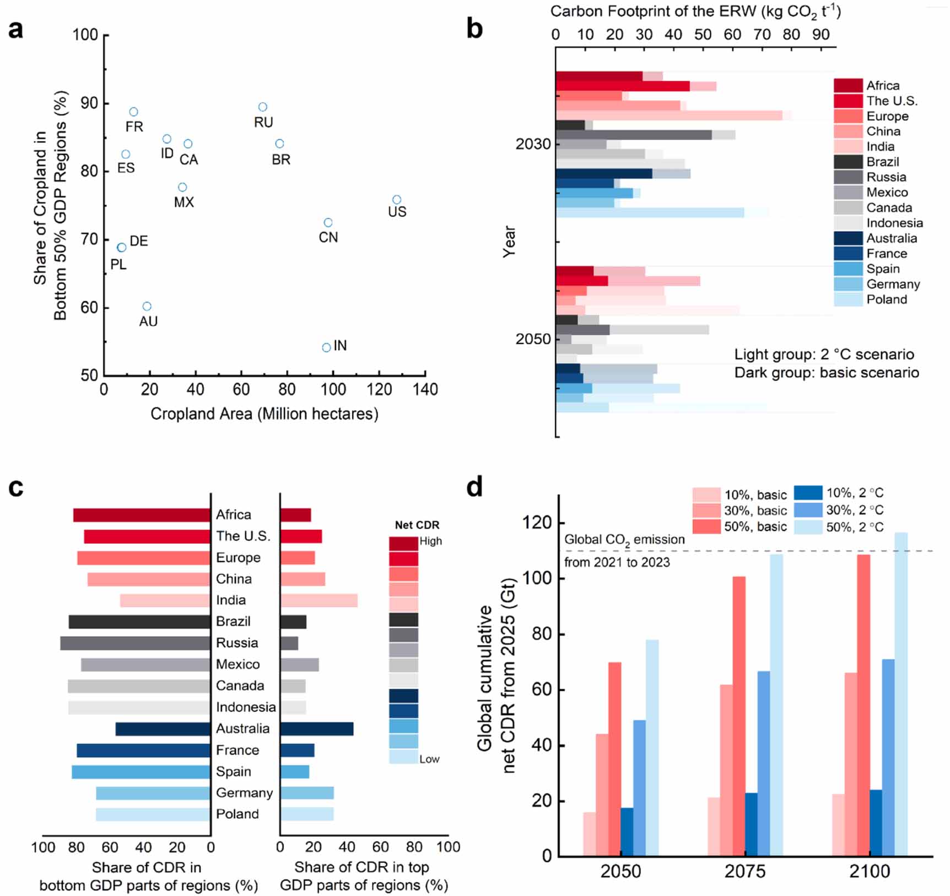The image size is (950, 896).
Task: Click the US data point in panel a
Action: tap(397, 200)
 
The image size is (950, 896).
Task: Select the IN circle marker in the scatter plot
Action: tap(326, 347)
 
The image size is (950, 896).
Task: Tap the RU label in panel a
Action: tap(263, 122)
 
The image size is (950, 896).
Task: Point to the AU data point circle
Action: tap(147, 307)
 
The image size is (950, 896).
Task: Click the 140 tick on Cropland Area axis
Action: tap(424, 390)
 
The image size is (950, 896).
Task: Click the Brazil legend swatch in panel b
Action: tap(848, 162)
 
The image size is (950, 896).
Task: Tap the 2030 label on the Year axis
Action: tap(533, 144)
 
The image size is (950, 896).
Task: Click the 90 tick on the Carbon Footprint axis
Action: tap(821, 35)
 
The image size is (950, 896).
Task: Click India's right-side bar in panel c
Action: tap(319, 600)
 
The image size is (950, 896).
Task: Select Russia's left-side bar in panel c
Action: tap(135, 643)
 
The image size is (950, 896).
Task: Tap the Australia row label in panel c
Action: tap(242, 729)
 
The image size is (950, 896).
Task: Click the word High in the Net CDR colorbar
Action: tap(430, 541)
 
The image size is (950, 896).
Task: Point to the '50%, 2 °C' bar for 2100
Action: tap(900, 694)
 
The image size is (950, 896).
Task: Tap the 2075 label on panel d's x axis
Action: tap(744, 872)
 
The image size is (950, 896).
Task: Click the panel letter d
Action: tap(474, 488)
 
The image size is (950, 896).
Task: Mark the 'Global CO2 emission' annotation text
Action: tap(624, 540)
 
